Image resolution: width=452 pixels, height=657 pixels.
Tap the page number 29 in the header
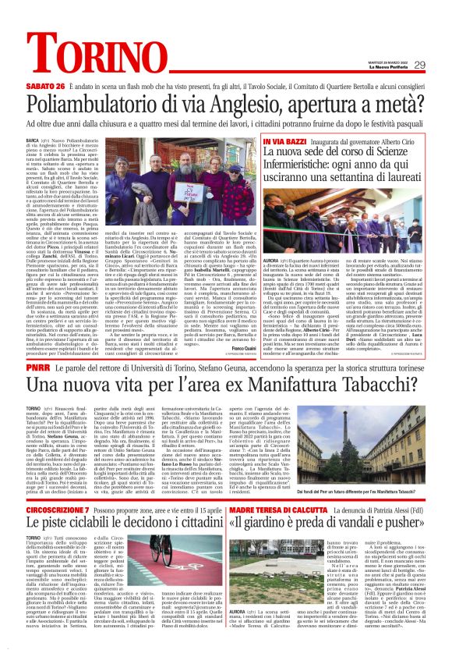click(x=441, y=65)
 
